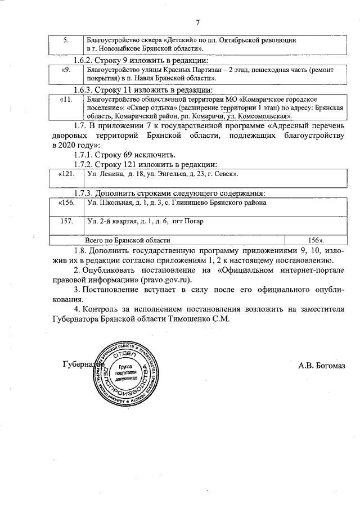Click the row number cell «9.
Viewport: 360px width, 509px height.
point(66,70)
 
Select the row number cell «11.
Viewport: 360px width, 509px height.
point(66,100)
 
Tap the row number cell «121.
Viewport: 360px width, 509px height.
point(66,175)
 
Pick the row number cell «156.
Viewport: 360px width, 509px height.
point(66,202)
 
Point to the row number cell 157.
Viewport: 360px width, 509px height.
point(66,221)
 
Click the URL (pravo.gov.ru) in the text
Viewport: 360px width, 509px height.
point(168,279)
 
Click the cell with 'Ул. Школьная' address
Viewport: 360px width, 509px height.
point(177,202)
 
